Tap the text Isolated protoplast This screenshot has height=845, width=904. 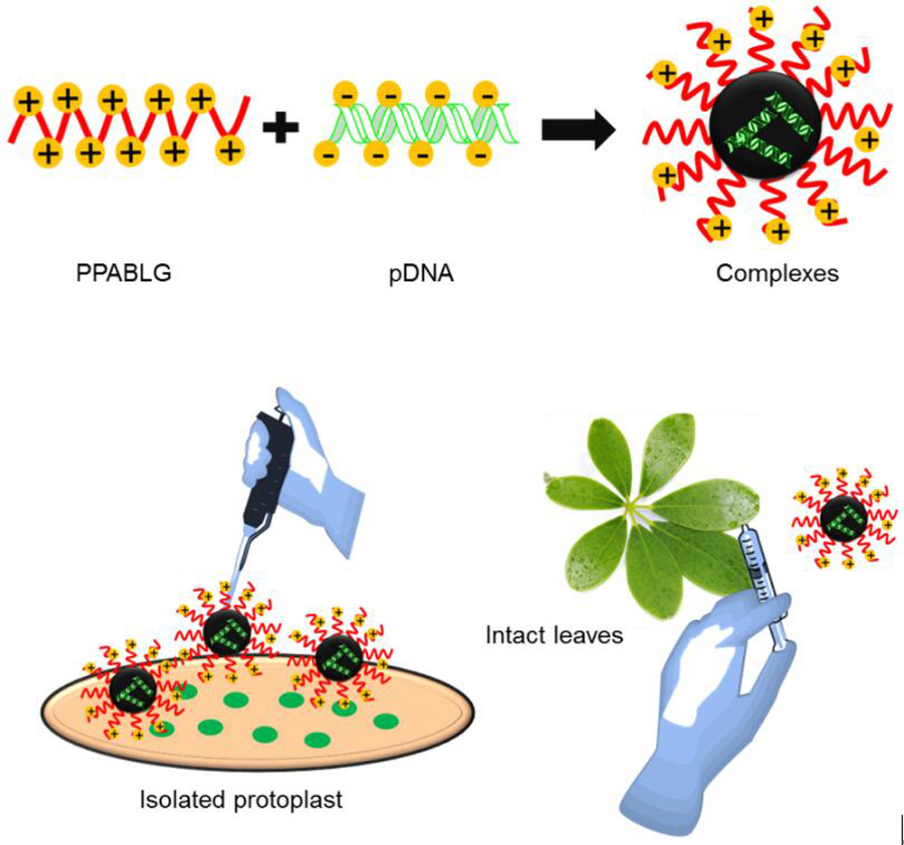tap(241, 800)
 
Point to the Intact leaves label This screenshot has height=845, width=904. tap(554, 635)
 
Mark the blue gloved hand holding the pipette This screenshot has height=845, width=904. tap(316, 452)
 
